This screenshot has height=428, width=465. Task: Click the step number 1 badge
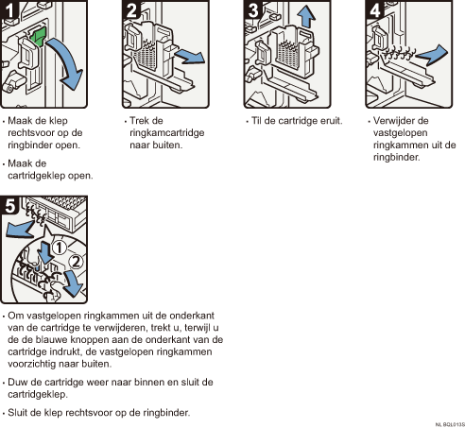tap(9, 9)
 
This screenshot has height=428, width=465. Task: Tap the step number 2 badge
tap(130, 9)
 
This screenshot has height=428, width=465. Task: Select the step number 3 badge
tap(252, 9)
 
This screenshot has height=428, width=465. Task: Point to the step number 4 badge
tap(374, 9)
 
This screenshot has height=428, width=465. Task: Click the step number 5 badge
tap(9, 205)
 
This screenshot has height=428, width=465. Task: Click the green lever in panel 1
tap(38, 36)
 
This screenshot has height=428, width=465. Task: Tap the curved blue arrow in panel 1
tap(69, 64)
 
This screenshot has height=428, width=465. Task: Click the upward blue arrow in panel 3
tap(305, 17)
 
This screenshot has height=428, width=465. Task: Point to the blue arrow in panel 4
tap(432, 55)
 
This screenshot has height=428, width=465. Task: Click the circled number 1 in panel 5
tap(59, 248)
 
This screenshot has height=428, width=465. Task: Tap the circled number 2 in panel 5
tap(76, 262)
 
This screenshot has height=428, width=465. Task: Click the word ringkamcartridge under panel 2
tap(167, 133)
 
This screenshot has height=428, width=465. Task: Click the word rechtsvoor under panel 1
tap(31, 133)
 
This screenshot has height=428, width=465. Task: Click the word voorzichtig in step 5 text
tap(32, 364)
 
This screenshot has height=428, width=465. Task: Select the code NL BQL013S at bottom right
tap(450, 425)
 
